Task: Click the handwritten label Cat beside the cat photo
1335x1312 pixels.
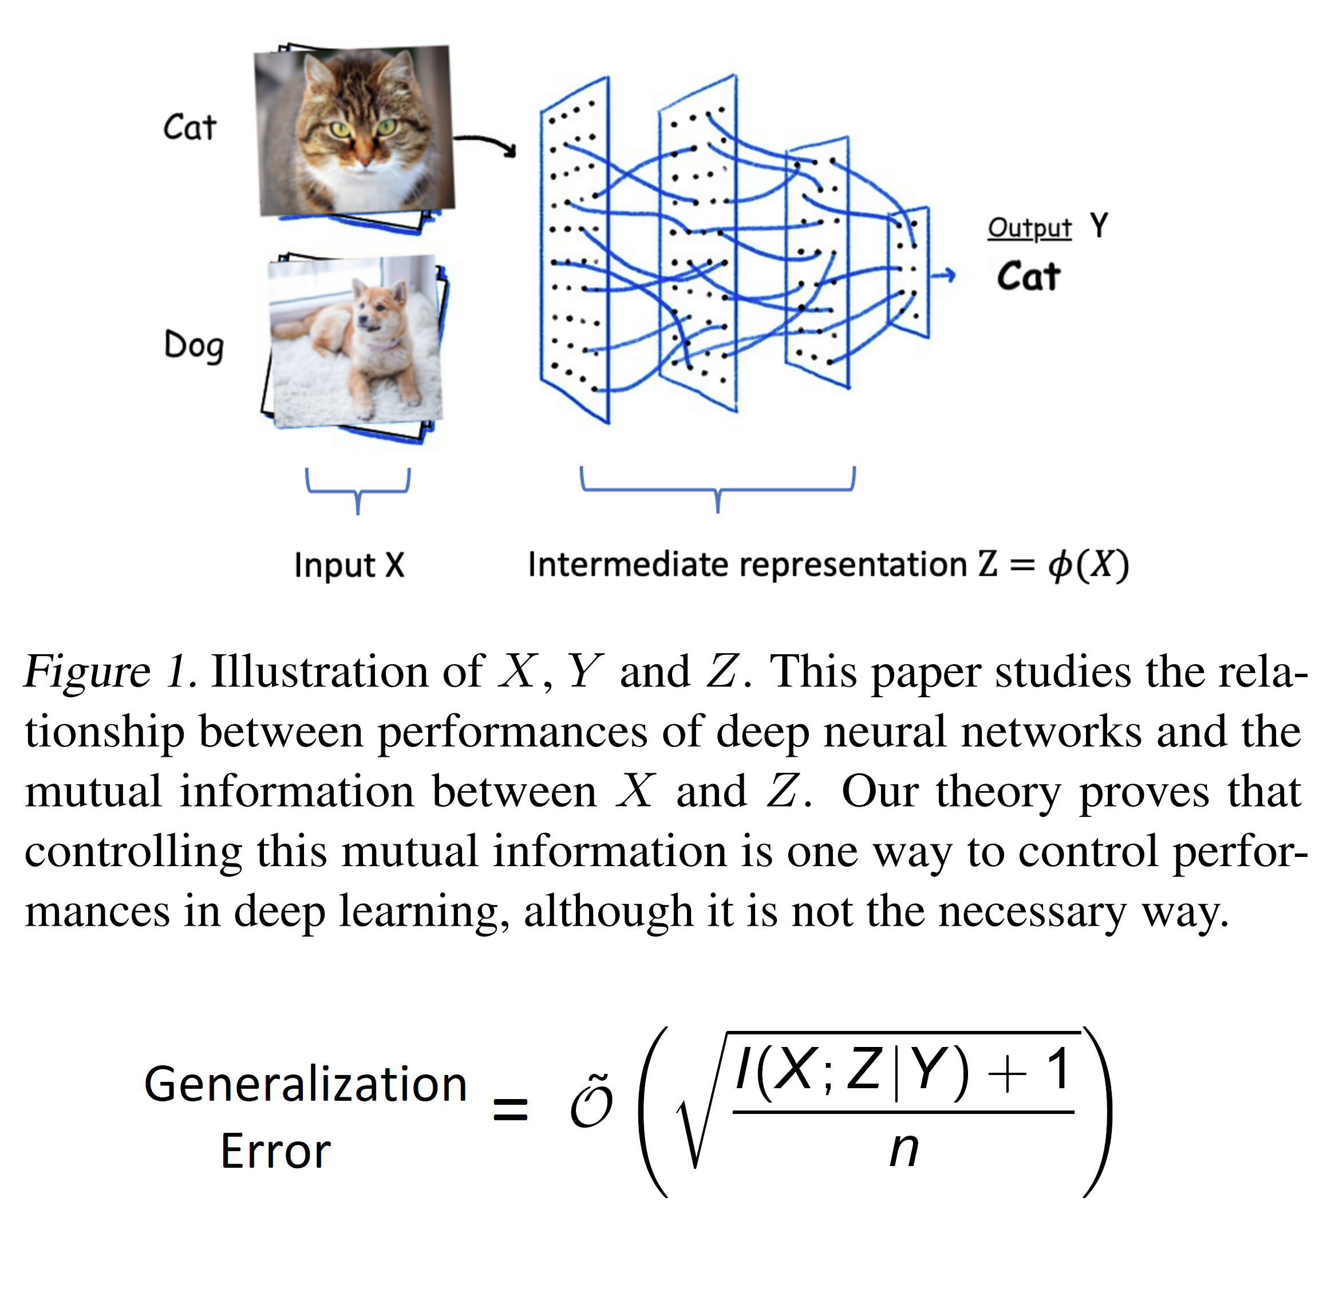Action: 189,128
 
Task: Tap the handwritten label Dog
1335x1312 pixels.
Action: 193,345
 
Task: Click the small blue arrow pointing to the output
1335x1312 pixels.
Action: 943,276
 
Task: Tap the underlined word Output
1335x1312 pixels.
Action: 1029,228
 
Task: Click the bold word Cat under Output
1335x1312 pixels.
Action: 1028,277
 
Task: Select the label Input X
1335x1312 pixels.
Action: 349,565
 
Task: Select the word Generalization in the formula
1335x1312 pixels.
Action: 305,1085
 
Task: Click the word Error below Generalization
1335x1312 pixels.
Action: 276,1152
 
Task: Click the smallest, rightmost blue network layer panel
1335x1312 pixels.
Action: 909,272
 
